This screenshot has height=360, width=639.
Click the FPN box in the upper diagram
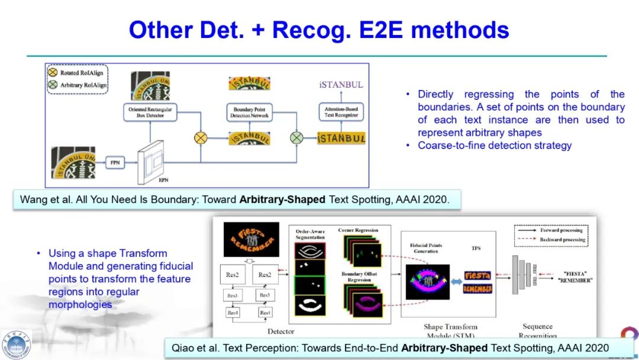[115, 161]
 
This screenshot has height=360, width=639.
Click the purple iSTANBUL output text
[341, 85]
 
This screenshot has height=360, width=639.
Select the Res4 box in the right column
[264, 313]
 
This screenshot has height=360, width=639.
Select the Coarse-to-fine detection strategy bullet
[494, 145]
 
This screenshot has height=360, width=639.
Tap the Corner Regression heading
[358, 230]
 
